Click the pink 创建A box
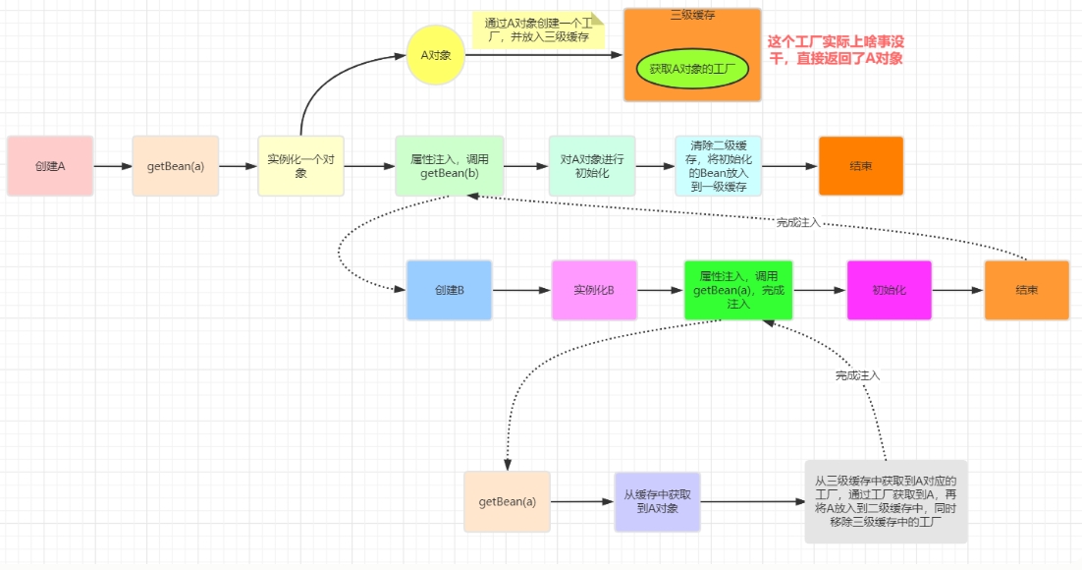50,166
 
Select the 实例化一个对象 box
301,166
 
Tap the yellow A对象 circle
435,55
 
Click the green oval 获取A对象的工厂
692,69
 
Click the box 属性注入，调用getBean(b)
449,166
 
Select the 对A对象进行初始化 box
592,166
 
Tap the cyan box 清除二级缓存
718,166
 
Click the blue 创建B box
449,291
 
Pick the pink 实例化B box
594,291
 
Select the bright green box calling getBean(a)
738,291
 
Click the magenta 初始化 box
889,291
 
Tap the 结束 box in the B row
1026,291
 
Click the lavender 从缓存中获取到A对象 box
657,501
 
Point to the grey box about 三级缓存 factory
886,501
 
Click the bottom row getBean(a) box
508,501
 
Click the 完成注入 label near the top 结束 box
797,223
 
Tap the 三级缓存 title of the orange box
692,16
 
